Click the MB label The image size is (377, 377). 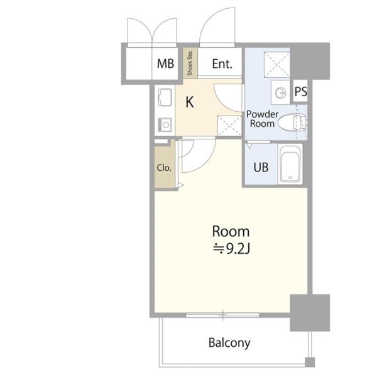166,63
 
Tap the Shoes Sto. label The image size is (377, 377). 190,63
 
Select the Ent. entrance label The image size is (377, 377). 222,64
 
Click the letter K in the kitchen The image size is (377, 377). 190,102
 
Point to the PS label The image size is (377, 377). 301,91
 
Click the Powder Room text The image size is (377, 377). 262,119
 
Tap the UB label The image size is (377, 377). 261,167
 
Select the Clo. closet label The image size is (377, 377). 164,168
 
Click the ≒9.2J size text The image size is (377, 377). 231,249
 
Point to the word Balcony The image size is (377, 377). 229,342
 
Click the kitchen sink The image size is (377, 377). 165,97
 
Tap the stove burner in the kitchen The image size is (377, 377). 165,125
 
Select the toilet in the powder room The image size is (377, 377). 292,123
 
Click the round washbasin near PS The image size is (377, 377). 281,92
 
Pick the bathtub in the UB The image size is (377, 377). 290,164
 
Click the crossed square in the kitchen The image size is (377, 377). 229,126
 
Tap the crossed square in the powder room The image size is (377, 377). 277,65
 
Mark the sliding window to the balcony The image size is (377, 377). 223,315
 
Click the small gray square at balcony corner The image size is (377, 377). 310,362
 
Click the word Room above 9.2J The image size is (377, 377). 231,231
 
